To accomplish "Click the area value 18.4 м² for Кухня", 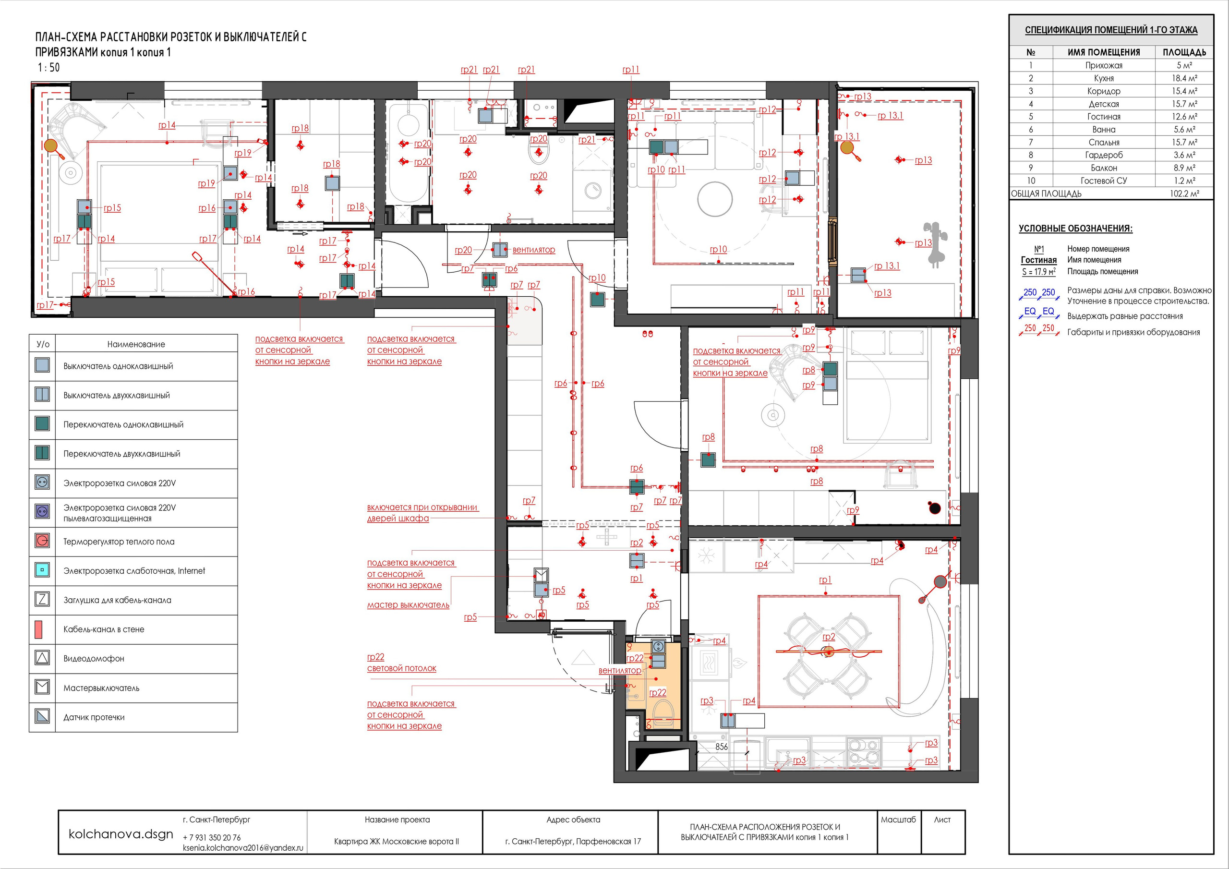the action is [x=1184, y=78].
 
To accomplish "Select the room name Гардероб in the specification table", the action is [x=1103, y=155].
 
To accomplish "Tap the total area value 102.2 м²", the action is [x=1184, y=194].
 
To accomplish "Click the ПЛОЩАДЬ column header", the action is [x=1184, y=52].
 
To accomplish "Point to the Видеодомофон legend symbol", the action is [x=42, y=658].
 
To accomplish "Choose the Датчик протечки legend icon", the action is [x=42, y=716].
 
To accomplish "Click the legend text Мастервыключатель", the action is [x=101, y=688].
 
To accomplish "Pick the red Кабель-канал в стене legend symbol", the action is [x=38, y=629].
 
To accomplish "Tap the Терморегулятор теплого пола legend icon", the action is [x=42, y=541].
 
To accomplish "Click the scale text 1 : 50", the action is [x=48, y=68].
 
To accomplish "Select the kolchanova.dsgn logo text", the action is [x=121, y=834].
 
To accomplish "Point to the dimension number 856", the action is [x=722, y=747].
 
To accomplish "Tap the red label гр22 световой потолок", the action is [x=401, y=663].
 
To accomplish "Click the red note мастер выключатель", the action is [x=408, y=605].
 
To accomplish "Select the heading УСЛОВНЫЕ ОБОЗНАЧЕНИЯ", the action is [x=1075, y=229].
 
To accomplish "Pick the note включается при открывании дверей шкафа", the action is [x=422, y=513].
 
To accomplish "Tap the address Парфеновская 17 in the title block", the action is [x=608, y=841].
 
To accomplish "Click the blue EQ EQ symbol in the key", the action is [x=1039, y=312].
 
